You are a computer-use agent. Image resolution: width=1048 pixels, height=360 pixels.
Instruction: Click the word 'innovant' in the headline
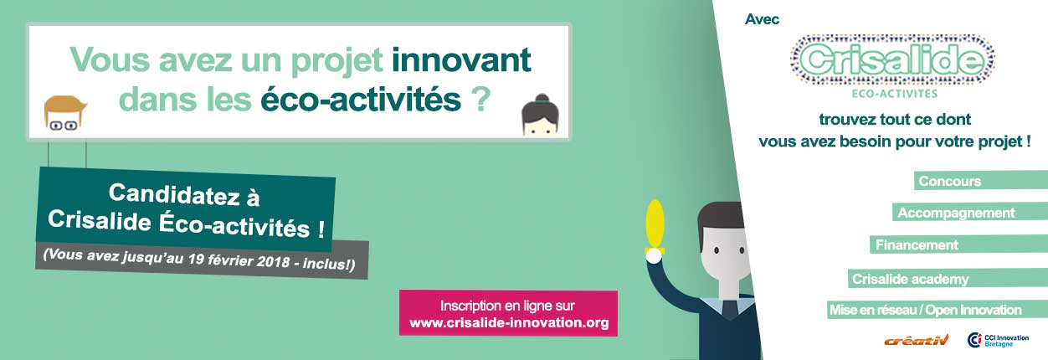[461, 60]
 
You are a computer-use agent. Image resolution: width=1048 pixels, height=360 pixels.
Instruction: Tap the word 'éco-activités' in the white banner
[361, 100]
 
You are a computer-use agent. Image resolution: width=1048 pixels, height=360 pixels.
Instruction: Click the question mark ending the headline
[480, 99]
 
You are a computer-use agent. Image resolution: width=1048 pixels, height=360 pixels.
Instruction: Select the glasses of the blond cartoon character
[64, 125]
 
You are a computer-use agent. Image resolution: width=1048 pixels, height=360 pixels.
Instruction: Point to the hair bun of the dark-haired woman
[542, 98]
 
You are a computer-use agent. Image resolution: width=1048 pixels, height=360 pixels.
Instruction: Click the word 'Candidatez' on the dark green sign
[174, 193]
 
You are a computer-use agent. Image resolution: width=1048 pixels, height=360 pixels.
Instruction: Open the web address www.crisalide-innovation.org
[509, 322]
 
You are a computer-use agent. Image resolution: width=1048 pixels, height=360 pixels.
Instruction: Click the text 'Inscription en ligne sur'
[507, 306]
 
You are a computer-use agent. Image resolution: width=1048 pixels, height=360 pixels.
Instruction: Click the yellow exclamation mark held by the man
[655, 228]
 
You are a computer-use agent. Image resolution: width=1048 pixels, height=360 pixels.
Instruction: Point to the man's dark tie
[730, 311]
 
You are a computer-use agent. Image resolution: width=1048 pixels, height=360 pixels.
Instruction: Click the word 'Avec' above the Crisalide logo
[762, 19]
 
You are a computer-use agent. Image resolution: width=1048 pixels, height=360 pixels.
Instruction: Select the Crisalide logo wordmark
[892, 60]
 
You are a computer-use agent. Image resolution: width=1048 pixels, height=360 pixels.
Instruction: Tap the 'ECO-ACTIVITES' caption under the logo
[895, 94]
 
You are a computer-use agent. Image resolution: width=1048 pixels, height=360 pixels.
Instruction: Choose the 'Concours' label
[950, 181]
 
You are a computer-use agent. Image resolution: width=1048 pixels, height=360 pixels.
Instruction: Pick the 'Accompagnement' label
[956, 213]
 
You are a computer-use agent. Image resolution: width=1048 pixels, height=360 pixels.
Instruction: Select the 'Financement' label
[917, 244]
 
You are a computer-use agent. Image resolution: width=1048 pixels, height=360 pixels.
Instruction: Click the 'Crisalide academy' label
[911, 279]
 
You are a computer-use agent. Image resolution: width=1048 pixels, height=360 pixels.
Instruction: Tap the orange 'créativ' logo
[916, 341]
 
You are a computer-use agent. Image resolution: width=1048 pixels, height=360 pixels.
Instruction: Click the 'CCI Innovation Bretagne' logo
[998, 341]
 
